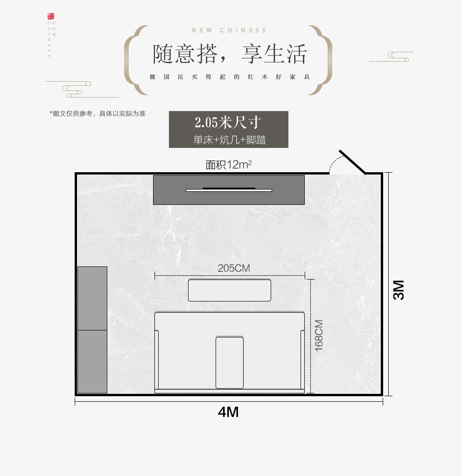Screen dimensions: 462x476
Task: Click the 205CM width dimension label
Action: click(234, 268)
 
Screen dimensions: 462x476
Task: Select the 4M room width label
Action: click(228, 412)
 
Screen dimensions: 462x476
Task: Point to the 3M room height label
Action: click(399, 290)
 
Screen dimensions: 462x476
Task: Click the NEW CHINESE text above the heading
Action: click(229, 31)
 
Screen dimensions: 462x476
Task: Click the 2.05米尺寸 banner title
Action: click(228, 123)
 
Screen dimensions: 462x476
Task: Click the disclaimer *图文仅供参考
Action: click(98, 113)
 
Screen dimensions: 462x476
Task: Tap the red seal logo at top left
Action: click(50, 17)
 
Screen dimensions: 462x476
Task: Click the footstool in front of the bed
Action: click(229, 290)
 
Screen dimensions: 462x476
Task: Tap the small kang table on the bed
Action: click(229, 362)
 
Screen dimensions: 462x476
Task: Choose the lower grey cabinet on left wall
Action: click(92, 361)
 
